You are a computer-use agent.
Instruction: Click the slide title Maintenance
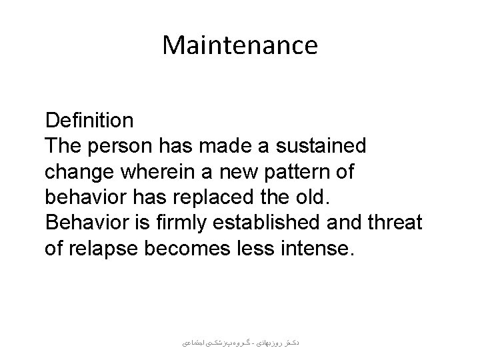point(240,46)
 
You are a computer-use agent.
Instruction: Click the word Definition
point(89,121)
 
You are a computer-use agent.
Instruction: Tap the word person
point(121,146)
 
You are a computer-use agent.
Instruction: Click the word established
point(260,221)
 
